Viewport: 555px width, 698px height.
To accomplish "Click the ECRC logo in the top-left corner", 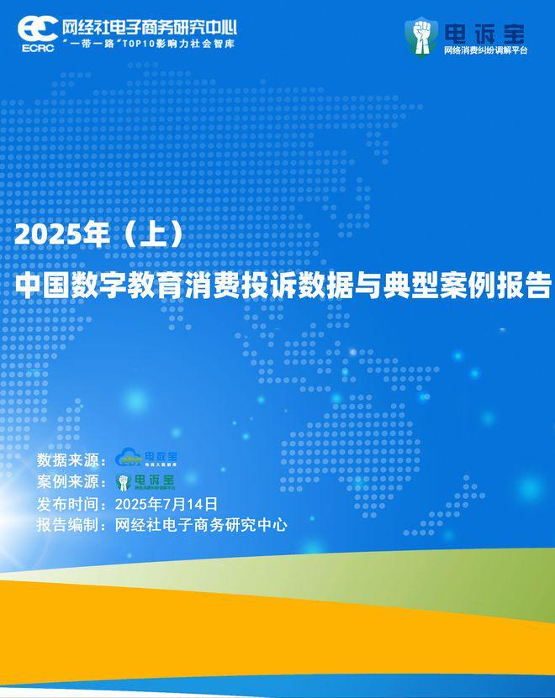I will click(x=38, y=31).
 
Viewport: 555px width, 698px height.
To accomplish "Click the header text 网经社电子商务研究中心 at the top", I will click(x=150, y=25).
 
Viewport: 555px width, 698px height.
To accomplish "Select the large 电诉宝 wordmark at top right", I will click(x=484, y=33).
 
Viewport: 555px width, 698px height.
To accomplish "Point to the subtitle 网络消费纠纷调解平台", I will click(x=485, y=52).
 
